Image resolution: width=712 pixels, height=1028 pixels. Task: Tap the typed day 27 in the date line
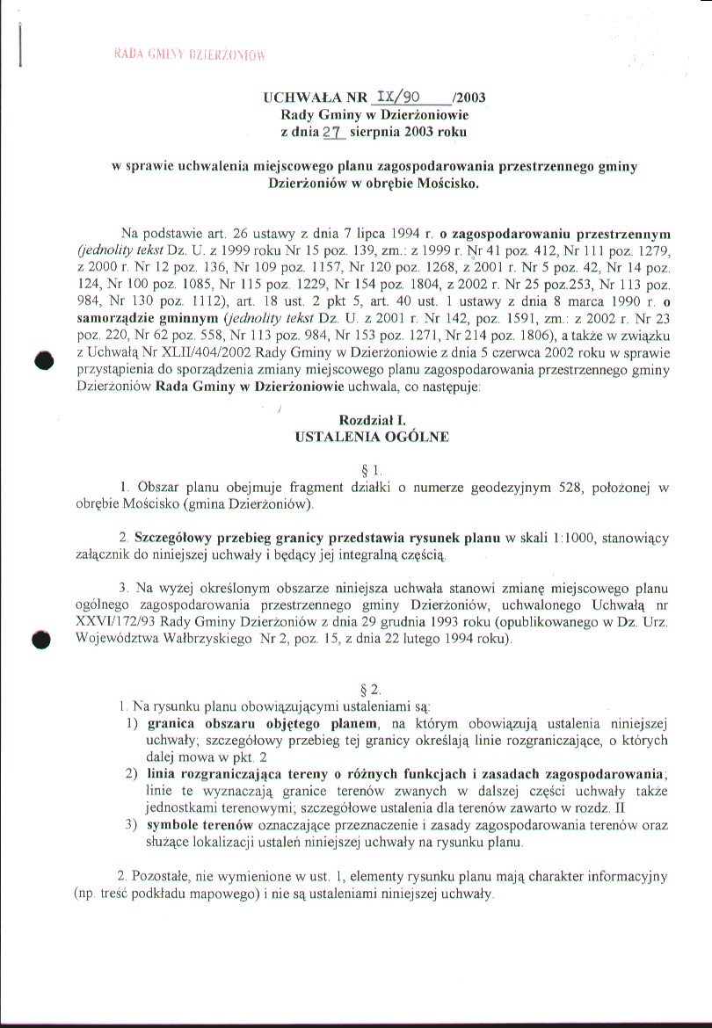(333, 133)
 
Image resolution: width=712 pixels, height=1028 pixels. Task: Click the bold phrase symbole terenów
(200, 825)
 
